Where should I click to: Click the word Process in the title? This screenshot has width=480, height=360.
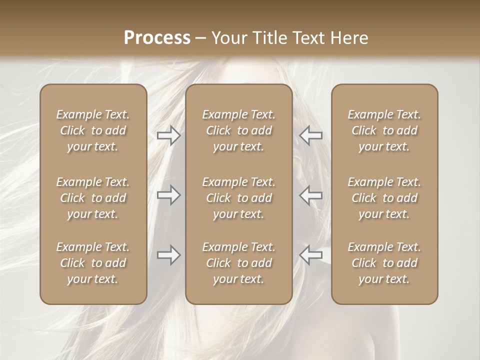point(157,38)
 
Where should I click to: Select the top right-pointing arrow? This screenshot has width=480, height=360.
point(169,135)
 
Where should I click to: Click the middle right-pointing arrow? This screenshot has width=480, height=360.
point(169,195)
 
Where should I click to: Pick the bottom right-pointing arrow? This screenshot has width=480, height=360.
point(169,255)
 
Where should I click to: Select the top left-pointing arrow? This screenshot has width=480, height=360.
point(311,135)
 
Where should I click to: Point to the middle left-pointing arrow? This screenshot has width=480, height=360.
point(311,195)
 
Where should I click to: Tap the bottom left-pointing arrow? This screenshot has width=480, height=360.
point(311,255)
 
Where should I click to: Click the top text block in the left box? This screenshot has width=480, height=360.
point(93,130)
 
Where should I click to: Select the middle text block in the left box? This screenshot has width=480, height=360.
point(93,198)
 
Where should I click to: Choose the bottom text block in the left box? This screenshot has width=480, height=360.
point(93,263)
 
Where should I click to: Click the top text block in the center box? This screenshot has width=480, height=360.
point(239,130)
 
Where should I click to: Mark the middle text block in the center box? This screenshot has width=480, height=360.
point(239,198)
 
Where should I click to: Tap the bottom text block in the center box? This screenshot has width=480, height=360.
point(239,263)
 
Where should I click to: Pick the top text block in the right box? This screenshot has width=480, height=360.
point(384,130)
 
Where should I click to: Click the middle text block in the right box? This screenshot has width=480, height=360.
point(384,198)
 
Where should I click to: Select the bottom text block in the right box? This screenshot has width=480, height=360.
point(384,263)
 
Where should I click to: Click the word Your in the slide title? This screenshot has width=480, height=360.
point(228,38)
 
